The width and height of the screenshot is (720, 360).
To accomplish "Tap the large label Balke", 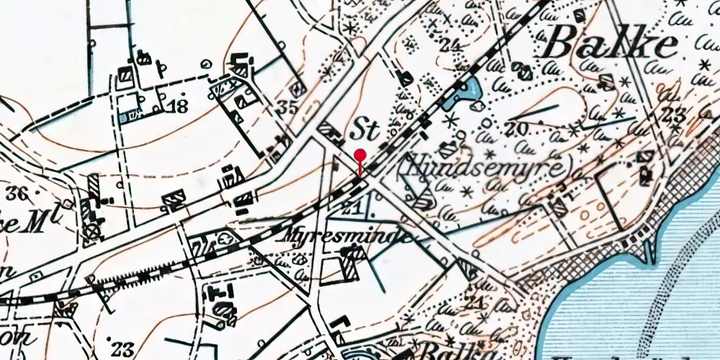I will (x=611, y=45).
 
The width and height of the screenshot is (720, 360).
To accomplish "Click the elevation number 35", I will (x=287, y=109).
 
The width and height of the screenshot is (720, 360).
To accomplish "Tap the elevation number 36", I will (x=22, y=192).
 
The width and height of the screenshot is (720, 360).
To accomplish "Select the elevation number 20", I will (x=517, y=129).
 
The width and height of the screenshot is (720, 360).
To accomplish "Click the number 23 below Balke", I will (x=674, y=114).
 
